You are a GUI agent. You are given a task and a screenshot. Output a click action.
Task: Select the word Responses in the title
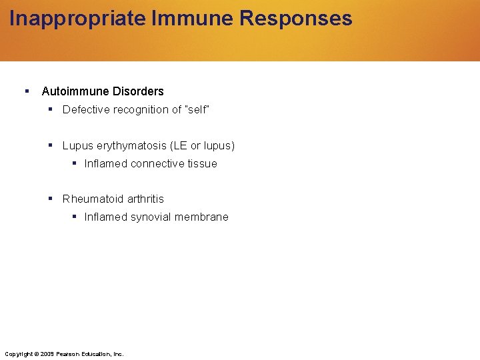[295, 19]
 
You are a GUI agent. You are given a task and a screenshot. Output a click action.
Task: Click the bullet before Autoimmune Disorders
[26, 91]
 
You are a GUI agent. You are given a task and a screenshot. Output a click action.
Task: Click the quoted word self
[197, 110]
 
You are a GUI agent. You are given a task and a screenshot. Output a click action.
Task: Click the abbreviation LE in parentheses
[179, 146]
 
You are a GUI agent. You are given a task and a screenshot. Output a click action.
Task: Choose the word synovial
[151, 217]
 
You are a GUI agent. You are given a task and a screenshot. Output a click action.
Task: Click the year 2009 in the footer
[47, 354]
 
